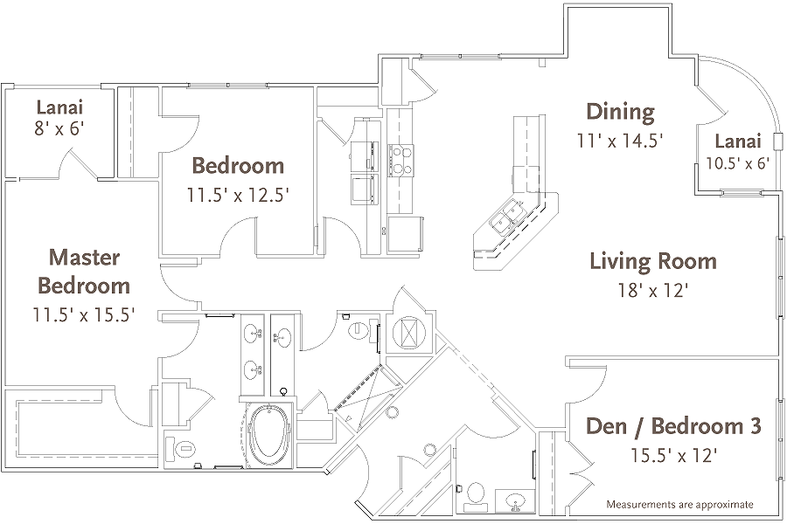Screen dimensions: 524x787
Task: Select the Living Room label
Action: tap(652, 260)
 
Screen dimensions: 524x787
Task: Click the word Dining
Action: tap(620, 111)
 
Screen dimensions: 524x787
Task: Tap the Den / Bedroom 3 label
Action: tap(672, 426)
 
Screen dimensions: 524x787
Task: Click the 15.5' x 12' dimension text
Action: tap(673, 454)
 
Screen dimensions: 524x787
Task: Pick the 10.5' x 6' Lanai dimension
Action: tap(737, 162)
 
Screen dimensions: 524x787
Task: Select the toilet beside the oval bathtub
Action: tap(184, 449)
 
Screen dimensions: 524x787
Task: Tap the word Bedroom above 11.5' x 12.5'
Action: tap(238, 165)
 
